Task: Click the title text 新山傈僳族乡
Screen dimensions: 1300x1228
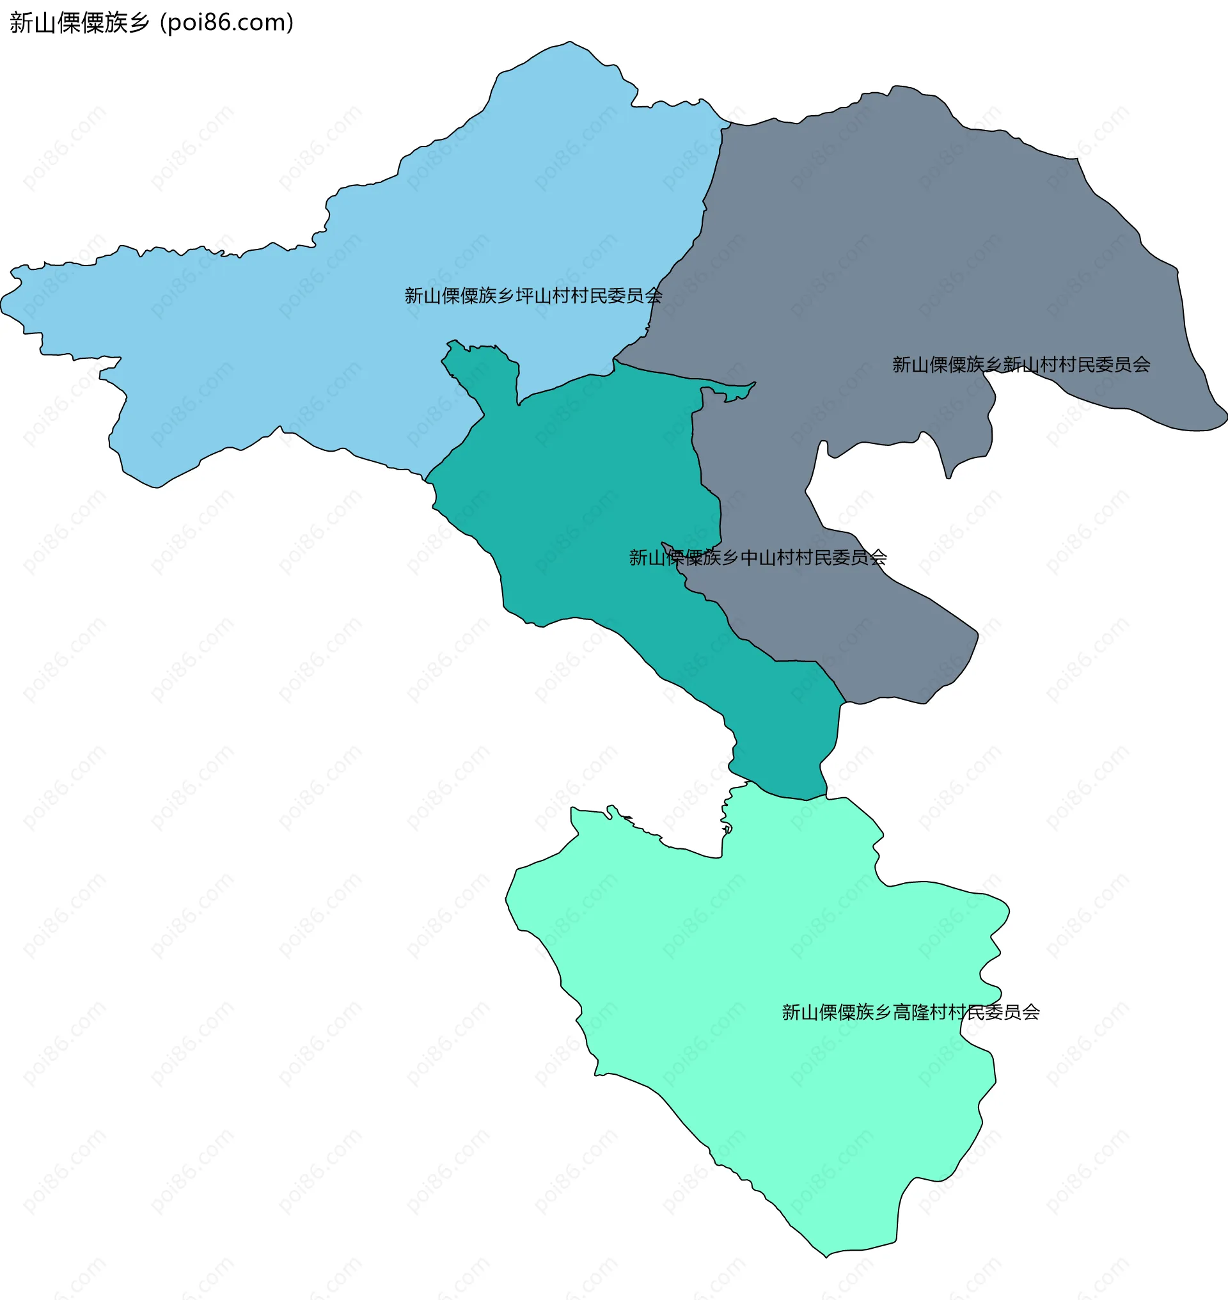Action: pos(79,23)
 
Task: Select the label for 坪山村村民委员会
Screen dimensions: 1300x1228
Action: pos(533,296)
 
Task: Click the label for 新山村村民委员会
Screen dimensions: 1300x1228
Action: pos(1021,365)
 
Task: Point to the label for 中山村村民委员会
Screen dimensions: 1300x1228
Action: pos(757,557)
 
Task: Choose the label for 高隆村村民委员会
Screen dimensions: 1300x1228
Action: pos(911,1013)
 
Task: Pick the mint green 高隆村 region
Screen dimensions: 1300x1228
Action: pos(753,983)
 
